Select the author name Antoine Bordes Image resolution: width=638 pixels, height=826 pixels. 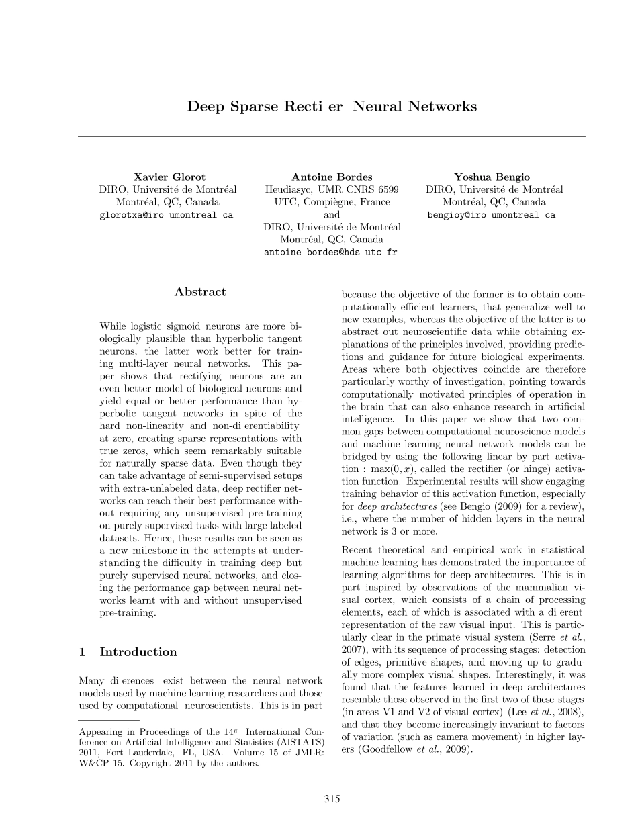[x=332, y=177]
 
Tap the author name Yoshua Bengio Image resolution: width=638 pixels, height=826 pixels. [x=492, y=177]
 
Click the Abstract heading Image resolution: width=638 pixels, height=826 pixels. [x=200, y=292]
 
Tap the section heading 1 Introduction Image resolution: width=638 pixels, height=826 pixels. [x=128, y=652]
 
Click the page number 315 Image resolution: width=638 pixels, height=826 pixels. [x=332, y=799]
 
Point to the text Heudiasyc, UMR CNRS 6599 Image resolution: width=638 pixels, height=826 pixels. [x=332, y=190]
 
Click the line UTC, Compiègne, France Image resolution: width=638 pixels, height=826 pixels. [x=332, y=202]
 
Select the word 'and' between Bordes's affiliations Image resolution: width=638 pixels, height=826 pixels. [x=332, y=215]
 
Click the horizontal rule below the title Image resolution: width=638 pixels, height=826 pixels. [x=332, y=136]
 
